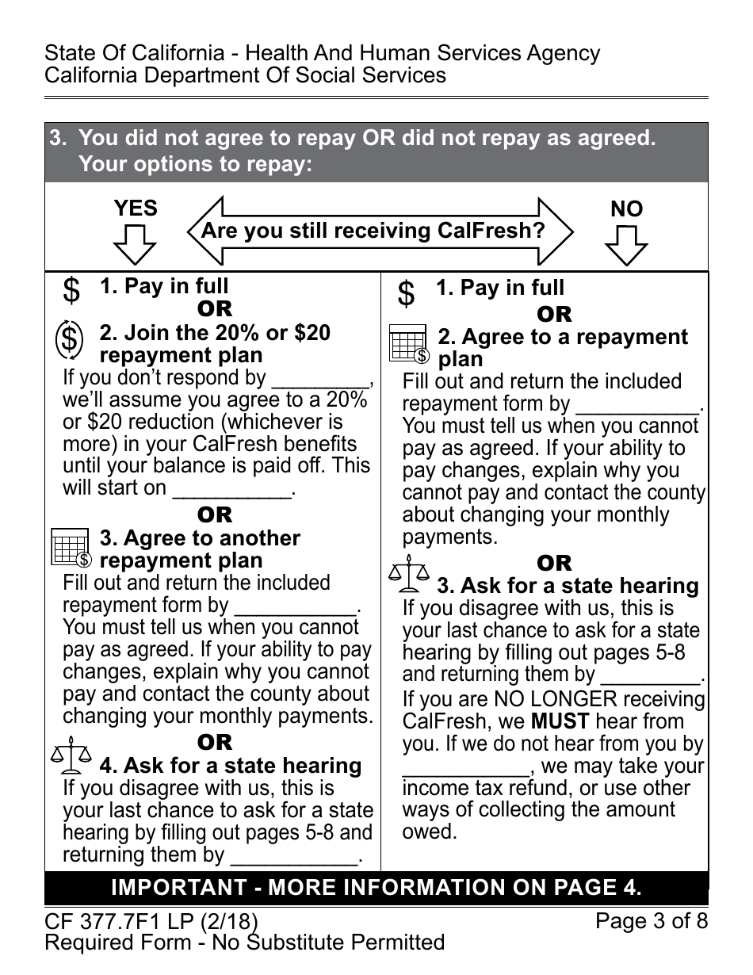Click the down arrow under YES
pos(135,244)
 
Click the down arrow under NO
pos(626,245)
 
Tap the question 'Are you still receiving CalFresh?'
pos(373,231)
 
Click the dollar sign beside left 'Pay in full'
pos(71,291)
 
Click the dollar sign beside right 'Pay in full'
pos(406,294)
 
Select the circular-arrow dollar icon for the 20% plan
pos(70,340)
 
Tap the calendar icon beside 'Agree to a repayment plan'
pos(409,346)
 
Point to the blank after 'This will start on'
pos(231,490)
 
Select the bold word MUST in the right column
pos(560,721)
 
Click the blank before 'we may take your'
pos(465,767)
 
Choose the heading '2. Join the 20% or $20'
pos(215,333)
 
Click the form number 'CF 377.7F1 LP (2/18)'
pos(151,921)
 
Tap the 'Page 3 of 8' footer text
pos(652,921)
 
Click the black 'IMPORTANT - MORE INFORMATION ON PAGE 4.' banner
pos(376,888)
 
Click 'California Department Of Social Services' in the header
pos(245,75)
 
